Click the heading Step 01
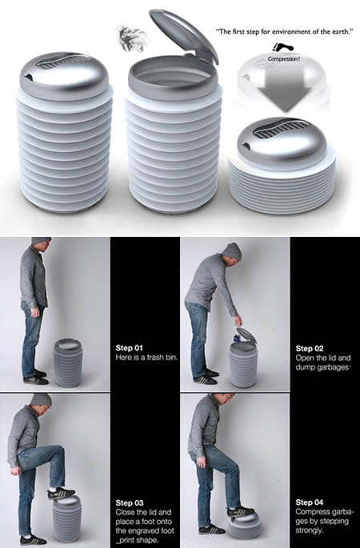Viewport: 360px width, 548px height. [x=130, y=348]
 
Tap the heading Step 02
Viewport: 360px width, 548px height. [x=310, y=349]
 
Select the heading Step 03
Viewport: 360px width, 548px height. [x=130, y=503]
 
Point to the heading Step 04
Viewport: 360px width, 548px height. [x=310, y=502]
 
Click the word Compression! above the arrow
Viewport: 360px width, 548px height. [x=284, y=58]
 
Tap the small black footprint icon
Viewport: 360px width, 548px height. [x=282, y=48]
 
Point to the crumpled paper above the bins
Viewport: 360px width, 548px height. [x=131, y=38]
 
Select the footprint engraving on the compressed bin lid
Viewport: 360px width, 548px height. [x=282, y=129]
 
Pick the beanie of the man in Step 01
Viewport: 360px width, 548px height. [x=41, y=241]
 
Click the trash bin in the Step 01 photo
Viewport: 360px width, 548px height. [x=68, y=362]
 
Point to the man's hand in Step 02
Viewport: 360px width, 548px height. [x=238, y=320]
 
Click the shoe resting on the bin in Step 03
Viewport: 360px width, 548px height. [x=61, y=493]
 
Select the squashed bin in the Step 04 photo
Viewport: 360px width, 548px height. [x=245, y=525]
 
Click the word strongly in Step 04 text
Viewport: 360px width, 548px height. [x=309, y=530]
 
